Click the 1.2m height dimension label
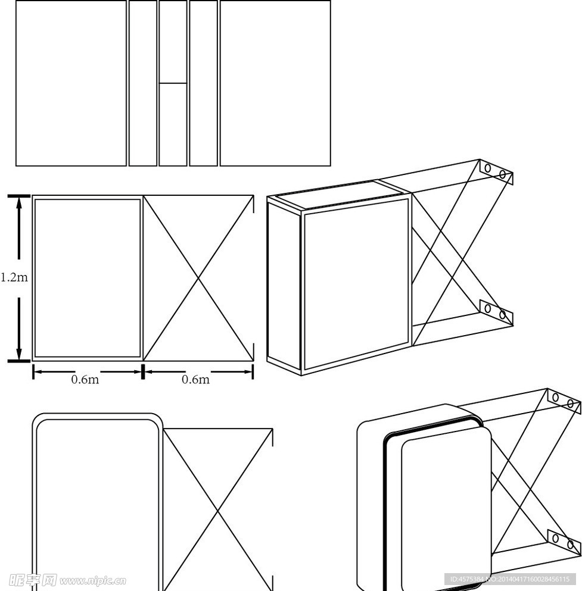tap(14, 277)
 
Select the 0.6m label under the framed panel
tap(85, 379)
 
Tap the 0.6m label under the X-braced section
tap(196, 379)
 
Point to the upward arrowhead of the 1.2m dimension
tap(19, 203)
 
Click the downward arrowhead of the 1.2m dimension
tap(19, 354)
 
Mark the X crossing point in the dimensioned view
tap(198, 278)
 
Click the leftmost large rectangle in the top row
tap(71, 83)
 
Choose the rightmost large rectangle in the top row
tap(275, 83)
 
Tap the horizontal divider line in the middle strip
tap(173, 83)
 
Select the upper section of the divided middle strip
tap(173, 42)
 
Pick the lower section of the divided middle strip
tap(173, 124)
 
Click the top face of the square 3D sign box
tap(338, 195)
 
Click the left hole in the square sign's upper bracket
tap(488, 168)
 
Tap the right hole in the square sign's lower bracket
tap(502, 314)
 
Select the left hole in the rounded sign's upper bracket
tap(556, 397)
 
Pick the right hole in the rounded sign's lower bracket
tap(570, 545)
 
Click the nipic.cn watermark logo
tap(67, 580)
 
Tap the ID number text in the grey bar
tap(510, 579)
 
